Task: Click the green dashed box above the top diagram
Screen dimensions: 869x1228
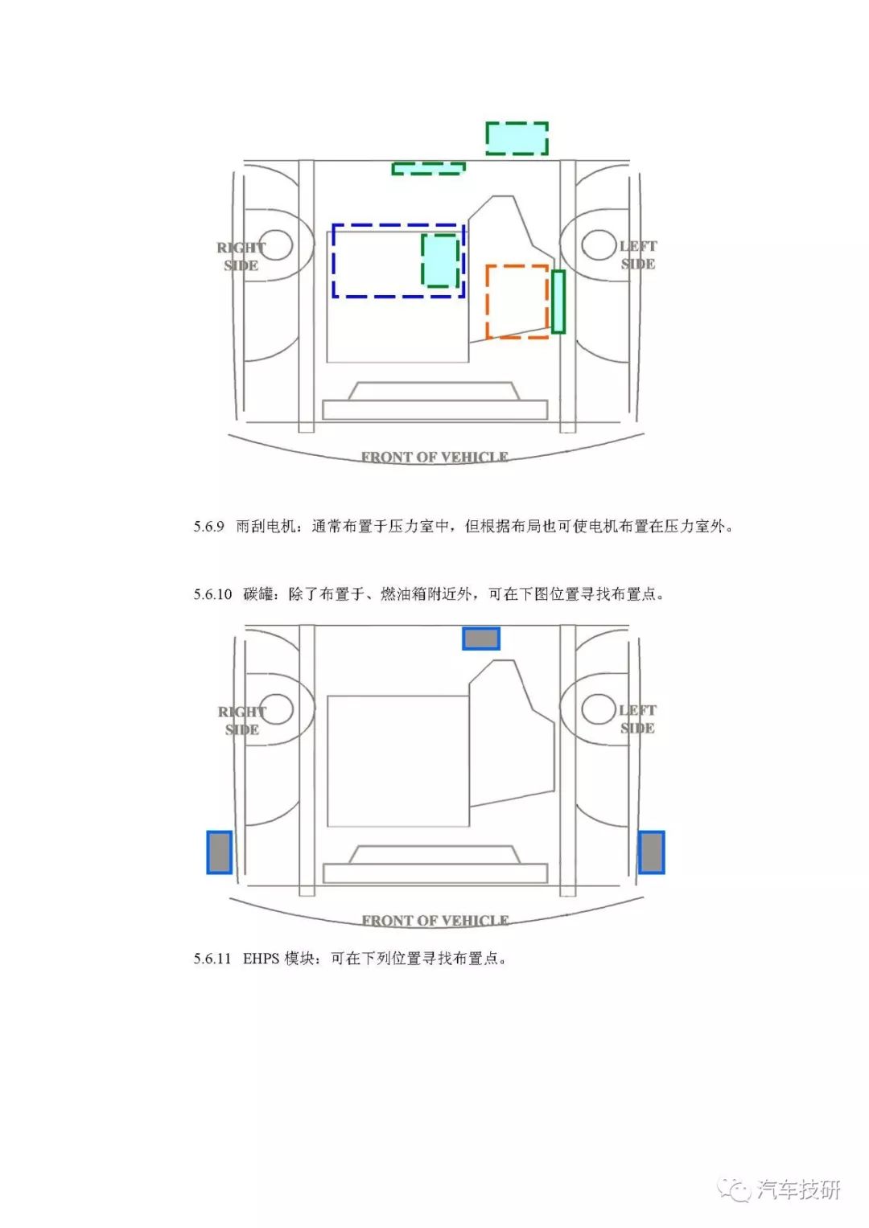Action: (x=517, y=138)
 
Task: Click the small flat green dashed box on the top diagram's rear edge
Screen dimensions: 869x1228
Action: (x=428, y=168)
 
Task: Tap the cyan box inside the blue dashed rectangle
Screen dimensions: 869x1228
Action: (x=440, y=261)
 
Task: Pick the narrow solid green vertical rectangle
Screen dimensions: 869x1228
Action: (x=558, y=302)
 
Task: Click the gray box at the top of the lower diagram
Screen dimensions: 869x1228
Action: (x=481, y=639)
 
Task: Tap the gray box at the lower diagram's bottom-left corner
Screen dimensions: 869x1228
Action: (x=220, y=852)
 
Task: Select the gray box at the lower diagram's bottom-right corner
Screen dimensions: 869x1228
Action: (x=651, y=852)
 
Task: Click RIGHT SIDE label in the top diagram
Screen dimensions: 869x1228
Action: (x=241, y=257)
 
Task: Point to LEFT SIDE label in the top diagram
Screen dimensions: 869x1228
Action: (x=638, y=255)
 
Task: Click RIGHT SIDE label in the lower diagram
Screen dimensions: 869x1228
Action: (x=242, y=721)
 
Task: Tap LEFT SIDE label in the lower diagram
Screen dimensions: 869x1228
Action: (x=637, y=719)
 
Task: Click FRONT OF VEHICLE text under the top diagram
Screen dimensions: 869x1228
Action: (x=434, y=458)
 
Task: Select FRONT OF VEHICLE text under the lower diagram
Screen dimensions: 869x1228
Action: (x=435, y=921)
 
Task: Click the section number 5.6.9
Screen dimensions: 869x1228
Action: (x=208, y=527)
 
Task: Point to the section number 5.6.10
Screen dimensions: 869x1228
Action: (x=212, y=594)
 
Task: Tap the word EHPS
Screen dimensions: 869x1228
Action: (x=262, y=959)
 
